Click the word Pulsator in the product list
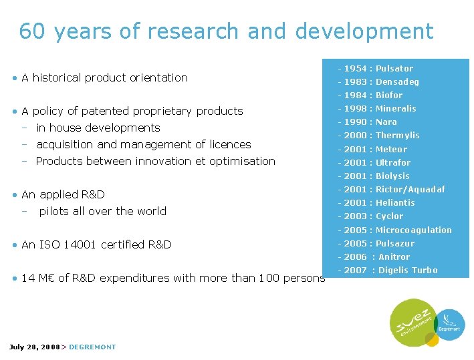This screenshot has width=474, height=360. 394,69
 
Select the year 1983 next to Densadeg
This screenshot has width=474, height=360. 355,82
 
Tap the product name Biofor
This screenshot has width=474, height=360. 389,96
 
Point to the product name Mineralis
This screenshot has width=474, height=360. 396,109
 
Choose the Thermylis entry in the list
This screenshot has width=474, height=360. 398,136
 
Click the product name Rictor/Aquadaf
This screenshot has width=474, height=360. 410,190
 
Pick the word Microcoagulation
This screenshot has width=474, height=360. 414,230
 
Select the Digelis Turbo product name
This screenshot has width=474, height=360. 408,271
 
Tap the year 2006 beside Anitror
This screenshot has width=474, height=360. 355,257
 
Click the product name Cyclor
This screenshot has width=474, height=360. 390,216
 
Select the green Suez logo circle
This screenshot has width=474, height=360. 412,323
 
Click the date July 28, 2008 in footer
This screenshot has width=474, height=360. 34,347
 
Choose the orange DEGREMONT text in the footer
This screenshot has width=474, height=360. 92,347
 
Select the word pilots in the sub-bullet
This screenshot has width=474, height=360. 53,211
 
